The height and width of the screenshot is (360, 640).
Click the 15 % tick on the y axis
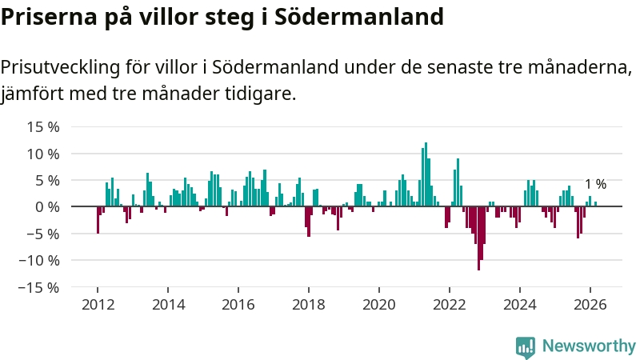coord(43,126)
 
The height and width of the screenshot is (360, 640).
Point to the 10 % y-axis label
coord(43,154)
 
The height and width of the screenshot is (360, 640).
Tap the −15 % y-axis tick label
coord(38,287)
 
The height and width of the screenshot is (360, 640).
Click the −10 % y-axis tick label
coord(38,260)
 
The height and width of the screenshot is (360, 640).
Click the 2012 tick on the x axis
coord(98,304)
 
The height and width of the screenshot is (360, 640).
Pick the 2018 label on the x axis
coord(309,304)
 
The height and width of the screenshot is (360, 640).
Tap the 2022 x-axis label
coord(450,304)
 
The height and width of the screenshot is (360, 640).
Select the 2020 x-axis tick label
coord(379,304)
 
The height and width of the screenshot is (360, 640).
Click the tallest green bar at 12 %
coord(426,174)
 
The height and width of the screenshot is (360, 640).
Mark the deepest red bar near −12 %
coord(478,238)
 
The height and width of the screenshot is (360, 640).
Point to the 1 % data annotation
coord(595,184)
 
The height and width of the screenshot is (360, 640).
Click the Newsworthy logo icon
coord(526,346)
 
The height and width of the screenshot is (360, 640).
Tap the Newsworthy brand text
coord(589,346)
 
